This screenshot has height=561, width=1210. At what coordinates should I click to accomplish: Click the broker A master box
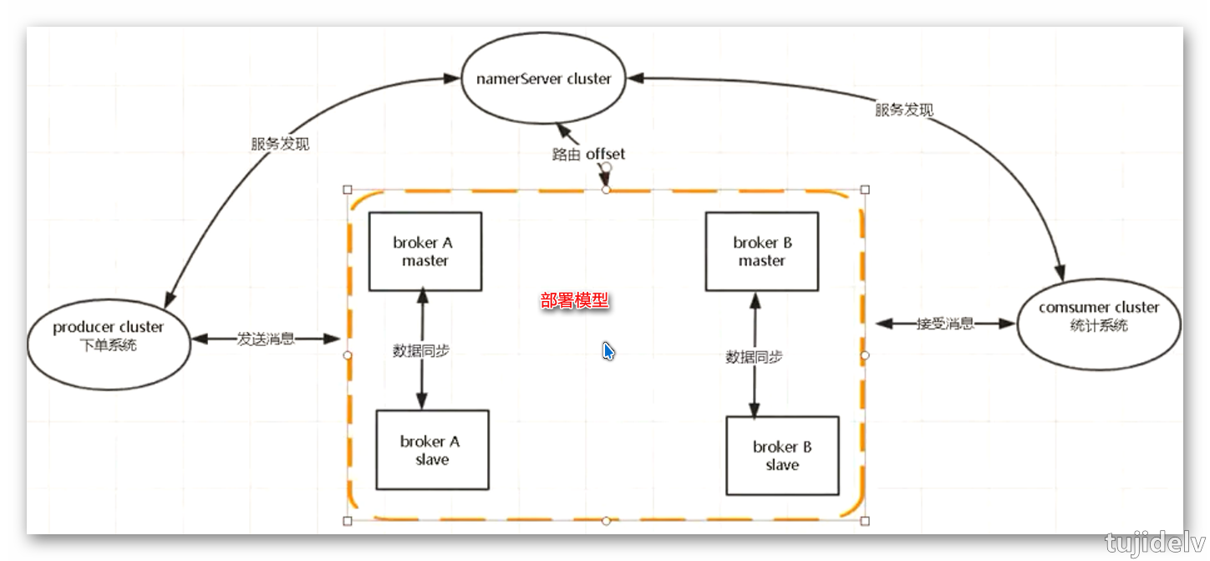425,251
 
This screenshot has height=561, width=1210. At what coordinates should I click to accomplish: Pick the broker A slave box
432,450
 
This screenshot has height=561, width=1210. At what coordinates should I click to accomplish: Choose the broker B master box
762,251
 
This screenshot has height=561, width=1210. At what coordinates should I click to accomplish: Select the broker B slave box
782,456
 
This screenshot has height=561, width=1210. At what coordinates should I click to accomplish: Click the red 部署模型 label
575,301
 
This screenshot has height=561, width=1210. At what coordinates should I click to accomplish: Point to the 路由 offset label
588,154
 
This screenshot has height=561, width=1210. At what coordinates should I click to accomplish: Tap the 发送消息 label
266,339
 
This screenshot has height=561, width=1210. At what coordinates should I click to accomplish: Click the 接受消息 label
945,324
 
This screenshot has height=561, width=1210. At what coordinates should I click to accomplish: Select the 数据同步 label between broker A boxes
421,351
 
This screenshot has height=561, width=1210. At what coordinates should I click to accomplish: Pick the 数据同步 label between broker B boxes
755,357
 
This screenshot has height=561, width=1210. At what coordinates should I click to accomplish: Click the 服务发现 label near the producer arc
280,144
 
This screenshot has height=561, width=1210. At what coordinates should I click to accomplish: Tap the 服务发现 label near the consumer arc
905,110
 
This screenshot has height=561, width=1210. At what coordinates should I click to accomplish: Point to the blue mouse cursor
608,351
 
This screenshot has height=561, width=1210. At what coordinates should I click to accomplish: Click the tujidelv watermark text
1156,543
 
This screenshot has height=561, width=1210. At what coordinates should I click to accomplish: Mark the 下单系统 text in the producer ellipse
109,344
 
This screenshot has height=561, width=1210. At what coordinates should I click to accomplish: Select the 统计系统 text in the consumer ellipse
1099,325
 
